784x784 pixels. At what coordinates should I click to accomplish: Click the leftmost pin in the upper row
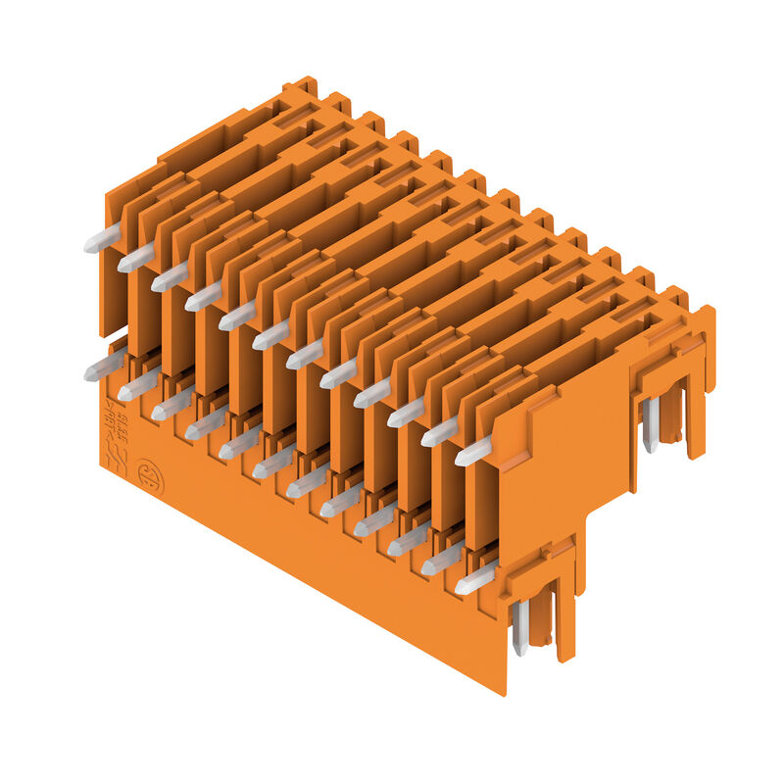point(102,238)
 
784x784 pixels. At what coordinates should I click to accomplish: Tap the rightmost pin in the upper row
point(473,451)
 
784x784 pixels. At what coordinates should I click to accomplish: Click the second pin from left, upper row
point(136,259)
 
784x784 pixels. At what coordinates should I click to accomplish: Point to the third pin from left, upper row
point(170,276)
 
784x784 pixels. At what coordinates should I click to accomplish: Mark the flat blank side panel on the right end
point(559,461)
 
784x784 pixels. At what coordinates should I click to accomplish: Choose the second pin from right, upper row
point(440,432)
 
